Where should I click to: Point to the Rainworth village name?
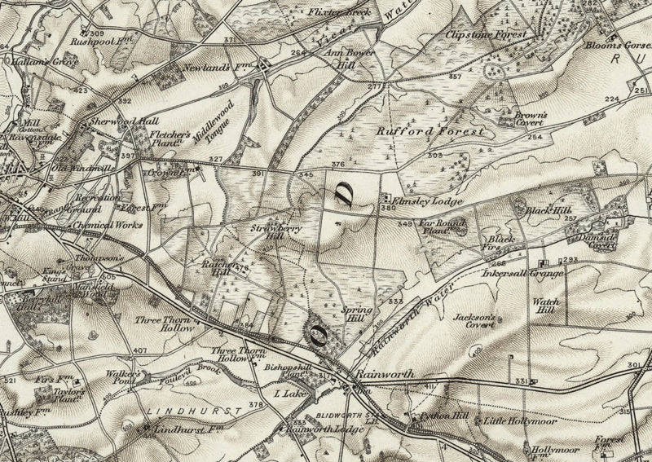coord(385,374)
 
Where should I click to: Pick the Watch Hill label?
coord(545,306)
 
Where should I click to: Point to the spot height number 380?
coord(387,208)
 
